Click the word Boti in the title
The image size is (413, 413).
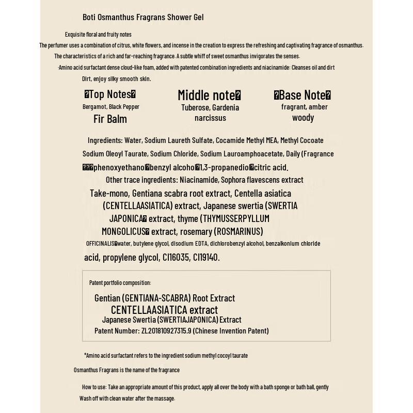(x=89, y=17)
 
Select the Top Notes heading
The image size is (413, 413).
(x=110, y=94)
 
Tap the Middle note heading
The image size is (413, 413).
(x=209, y=96)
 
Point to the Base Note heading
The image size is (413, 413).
(x=303, y=95)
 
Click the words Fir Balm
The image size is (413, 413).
(x=110, y=119)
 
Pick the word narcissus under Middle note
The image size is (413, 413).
(x=210, y=118)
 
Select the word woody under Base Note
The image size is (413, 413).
(x=303, y=117)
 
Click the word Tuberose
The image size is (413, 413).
(x=195, y=107)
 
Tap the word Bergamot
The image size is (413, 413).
(x=94, y=107)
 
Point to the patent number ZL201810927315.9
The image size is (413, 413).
(x=166, y=330)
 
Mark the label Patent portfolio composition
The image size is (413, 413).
(x=120, y=282)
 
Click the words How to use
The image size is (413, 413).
(x=94, y=387)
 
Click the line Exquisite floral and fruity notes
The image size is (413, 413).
(x=98, y=35)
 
